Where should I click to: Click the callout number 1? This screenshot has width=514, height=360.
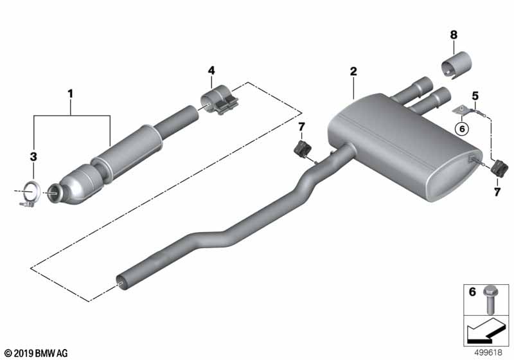click(x=70, y=94)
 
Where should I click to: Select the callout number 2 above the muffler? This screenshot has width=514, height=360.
click(x=353, y=71)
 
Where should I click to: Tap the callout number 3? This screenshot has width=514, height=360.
click(x=33, y=156)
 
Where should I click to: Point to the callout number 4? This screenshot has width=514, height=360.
click(x=211, y=71)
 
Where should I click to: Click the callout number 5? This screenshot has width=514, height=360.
click(x=475, y=96)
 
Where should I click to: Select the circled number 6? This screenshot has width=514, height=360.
click(x=462, y=129)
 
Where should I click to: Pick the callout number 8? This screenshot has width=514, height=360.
click(x=454, y=35)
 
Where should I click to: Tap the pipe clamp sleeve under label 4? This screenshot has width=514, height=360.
click(x=218, y=100)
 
